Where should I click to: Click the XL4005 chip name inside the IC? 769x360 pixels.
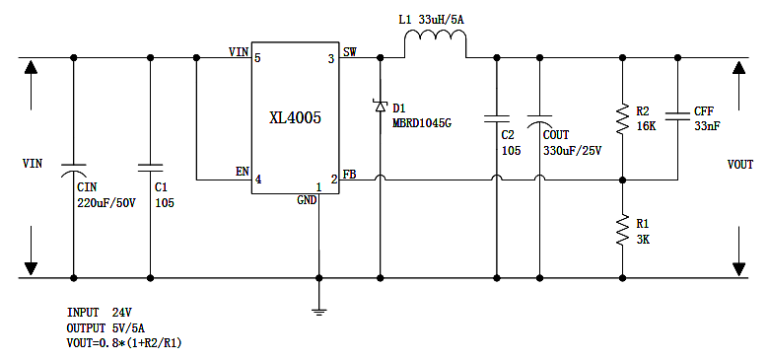pos(295,117)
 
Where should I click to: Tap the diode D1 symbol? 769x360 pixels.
pos(380,106)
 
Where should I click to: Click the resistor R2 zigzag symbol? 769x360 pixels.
pos(622,118)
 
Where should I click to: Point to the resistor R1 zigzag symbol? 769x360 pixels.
pos(622,231)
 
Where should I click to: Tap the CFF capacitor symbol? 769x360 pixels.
pos(678,118)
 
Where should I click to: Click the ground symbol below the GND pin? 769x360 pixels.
pos(318,311)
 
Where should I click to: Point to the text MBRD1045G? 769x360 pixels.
pos(422,123)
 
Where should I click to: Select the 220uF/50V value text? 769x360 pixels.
pos(106,202)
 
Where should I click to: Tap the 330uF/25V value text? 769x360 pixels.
pos(572,151)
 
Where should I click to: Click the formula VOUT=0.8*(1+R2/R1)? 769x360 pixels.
pos(124,343)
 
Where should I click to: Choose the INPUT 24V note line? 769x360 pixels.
pos(100,312)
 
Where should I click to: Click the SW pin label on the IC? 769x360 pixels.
pos(349,50)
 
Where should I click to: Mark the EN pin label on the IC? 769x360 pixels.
pos(242,172)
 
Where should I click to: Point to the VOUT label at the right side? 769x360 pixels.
pos(740,164)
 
